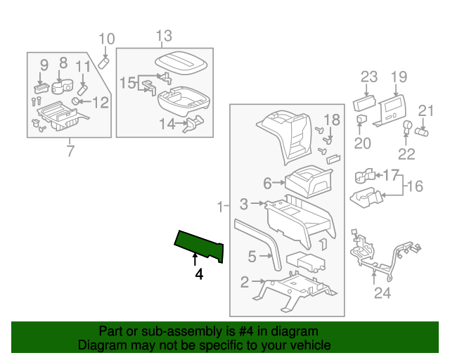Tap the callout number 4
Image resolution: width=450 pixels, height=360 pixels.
199,275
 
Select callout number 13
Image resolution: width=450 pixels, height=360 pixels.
163,36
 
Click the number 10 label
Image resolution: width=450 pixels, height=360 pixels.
105,39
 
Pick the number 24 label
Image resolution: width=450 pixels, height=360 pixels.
382,293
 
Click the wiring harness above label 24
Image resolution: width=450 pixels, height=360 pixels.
383,253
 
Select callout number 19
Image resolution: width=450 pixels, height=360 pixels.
399,77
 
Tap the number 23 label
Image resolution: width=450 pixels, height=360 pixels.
369,77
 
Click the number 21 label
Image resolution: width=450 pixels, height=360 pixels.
427,110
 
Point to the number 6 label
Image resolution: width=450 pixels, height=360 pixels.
267,184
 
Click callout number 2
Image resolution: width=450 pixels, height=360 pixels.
245,283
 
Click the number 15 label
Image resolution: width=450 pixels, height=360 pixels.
127,83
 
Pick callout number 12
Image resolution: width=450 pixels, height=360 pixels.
101,103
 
